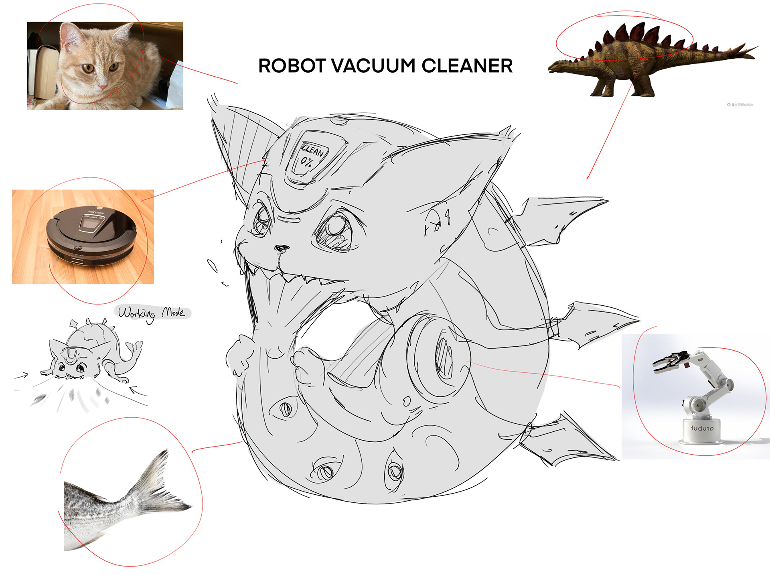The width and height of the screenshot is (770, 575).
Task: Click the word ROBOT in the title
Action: [292, 66]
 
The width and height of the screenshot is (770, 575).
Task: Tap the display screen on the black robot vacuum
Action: [92, 223]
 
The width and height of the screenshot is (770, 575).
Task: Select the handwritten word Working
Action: [136, 314]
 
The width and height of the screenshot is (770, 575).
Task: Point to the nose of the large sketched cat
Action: [282, 248]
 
